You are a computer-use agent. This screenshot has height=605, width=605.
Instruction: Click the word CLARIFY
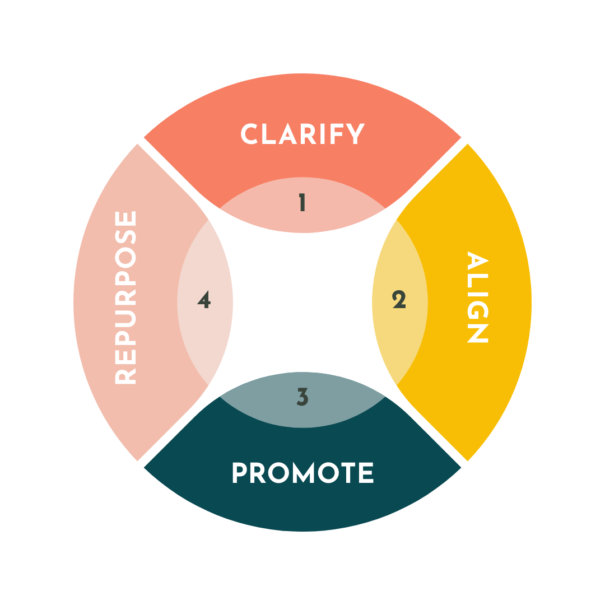click(x=302, y=134)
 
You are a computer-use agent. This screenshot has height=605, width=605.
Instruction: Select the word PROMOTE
click(x=302, y=473)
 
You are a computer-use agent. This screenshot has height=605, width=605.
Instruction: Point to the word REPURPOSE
click(x=126, y=297)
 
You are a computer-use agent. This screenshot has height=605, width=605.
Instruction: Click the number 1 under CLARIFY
click(x=302, y=203)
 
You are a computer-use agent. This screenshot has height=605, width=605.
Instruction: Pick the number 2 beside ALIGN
click(x=399, y=301)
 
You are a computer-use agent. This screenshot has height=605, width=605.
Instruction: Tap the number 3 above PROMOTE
click(x=302, y=397)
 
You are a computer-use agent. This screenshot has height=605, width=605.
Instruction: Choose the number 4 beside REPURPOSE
click(x=204, y=301)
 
